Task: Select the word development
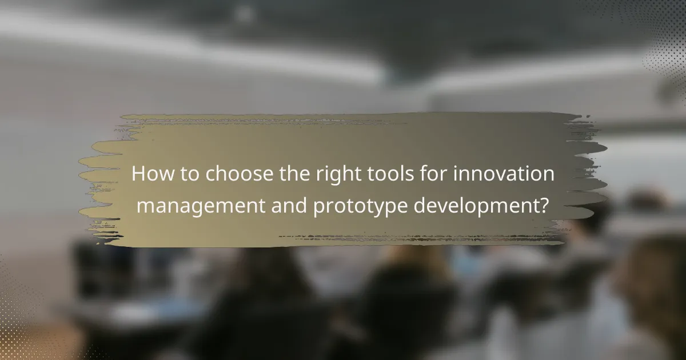click(x=477, y=204)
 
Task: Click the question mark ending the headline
click(x=544, y=204)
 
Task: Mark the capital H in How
click(x=138, y=174)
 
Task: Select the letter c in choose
click(x=210, y=175)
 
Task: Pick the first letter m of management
click(x=145, y=205)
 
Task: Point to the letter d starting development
click(x=419, y=204)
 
